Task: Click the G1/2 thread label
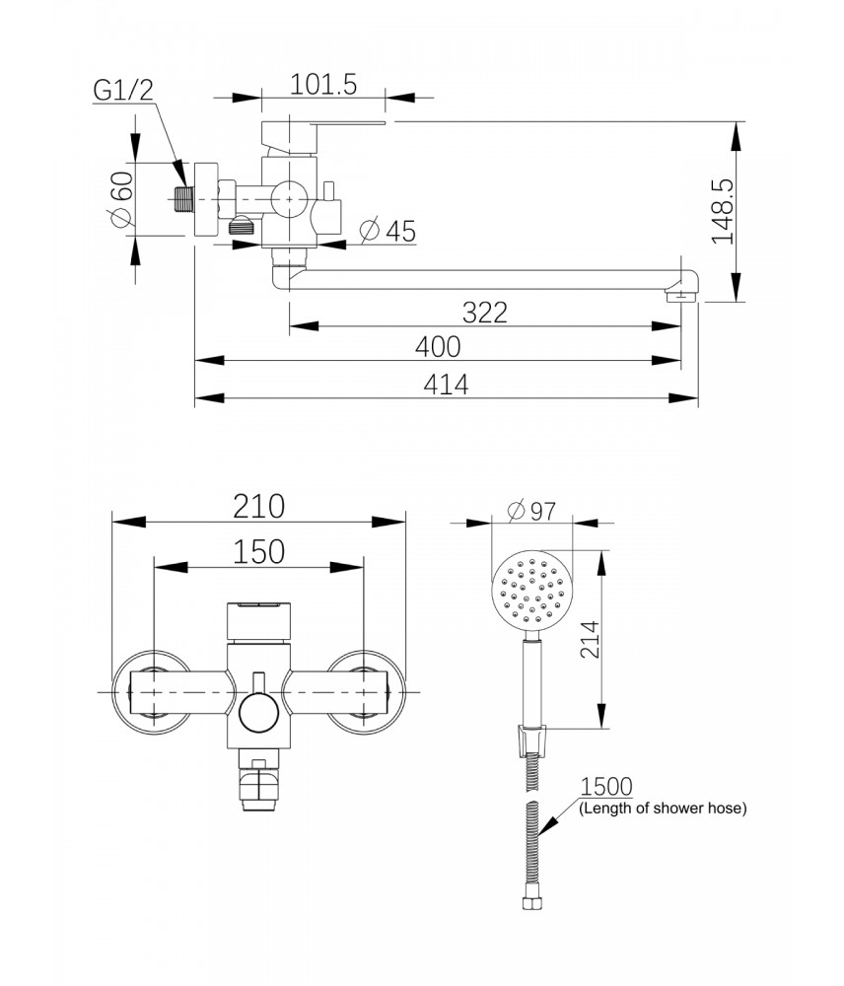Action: (124, 91)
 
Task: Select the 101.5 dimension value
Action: (322, 85)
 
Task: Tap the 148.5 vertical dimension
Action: (723, 211)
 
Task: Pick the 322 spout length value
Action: (485, 313)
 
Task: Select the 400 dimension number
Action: (438, 347)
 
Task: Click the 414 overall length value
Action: (446, 385)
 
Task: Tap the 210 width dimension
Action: (259, 506)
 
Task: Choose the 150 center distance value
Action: (259, 550)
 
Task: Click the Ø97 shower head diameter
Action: (532, 511)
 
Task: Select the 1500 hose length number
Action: (606, 787)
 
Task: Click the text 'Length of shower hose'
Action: (663, 809)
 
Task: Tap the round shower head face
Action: (532, 592)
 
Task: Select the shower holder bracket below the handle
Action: (532, 738)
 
